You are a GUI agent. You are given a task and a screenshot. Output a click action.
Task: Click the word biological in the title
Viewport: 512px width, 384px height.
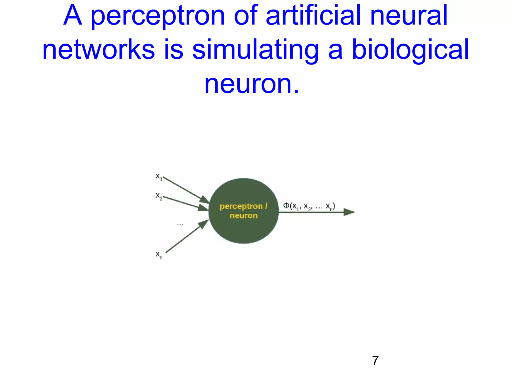click(410, 50)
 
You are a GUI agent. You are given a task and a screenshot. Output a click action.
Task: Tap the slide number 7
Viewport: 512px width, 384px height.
click(375, 361)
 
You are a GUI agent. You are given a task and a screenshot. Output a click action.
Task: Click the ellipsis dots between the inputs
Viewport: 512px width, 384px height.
click(180, 225)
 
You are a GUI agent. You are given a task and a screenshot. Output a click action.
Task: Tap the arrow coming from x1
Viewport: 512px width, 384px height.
click(186, 190)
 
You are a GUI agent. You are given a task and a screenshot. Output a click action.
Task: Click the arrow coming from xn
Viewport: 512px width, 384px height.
click(187, 236)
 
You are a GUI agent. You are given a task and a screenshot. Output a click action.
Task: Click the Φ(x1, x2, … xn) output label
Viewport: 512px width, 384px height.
click(309, 206)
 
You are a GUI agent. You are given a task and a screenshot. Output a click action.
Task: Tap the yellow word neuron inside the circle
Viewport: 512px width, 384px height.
click(244, 215)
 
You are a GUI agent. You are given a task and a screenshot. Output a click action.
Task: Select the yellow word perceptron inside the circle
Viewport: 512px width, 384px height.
click(241, 206)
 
